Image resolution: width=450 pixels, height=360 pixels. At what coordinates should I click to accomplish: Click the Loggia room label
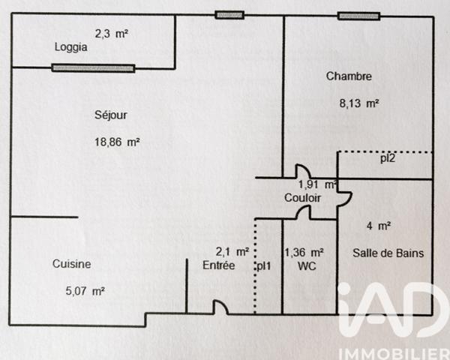(x=71, y=47)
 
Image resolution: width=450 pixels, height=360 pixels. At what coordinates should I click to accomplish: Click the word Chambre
(x=349, y=76)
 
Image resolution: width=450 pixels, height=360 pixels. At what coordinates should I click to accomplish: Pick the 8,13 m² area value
(x=359, y=104)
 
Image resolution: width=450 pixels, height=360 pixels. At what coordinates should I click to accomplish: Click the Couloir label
(x=302, y=198)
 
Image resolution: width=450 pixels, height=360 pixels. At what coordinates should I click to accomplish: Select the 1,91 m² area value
(x=316, y=184)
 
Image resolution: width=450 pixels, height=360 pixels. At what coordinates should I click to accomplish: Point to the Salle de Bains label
(x=388, y=253)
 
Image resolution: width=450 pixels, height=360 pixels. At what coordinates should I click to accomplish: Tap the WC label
(x=307, y=265)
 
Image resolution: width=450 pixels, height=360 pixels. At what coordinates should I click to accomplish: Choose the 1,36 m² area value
(x=304, y=253)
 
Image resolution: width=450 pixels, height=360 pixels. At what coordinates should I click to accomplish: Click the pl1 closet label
(x=264, y=265)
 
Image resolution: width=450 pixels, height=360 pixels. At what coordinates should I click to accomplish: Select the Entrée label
(x=219, y=265)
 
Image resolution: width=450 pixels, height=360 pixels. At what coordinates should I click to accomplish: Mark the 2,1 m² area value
(x=232, y=253)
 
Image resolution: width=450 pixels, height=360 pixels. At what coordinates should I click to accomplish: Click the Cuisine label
(x=72, y=264)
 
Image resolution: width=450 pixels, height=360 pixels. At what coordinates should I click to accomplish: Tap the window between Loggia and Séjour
(x=93, y=68)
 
